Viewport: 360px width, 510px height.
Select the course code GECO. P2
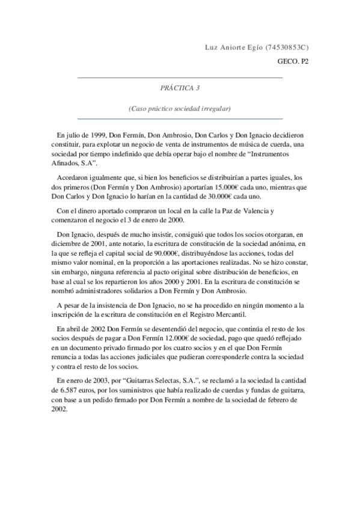[x=293, y=61]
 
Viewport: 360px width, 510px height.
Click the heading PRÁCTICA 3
[x=180, y=87]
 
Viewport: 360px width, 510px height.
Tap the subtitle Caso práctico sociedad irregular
[x=180, y=109]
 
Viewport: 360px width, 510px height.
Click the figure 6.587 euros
[x=72, y=391]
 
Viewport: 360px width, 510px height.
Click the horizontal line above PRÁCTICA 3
[x=180, y=78]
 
